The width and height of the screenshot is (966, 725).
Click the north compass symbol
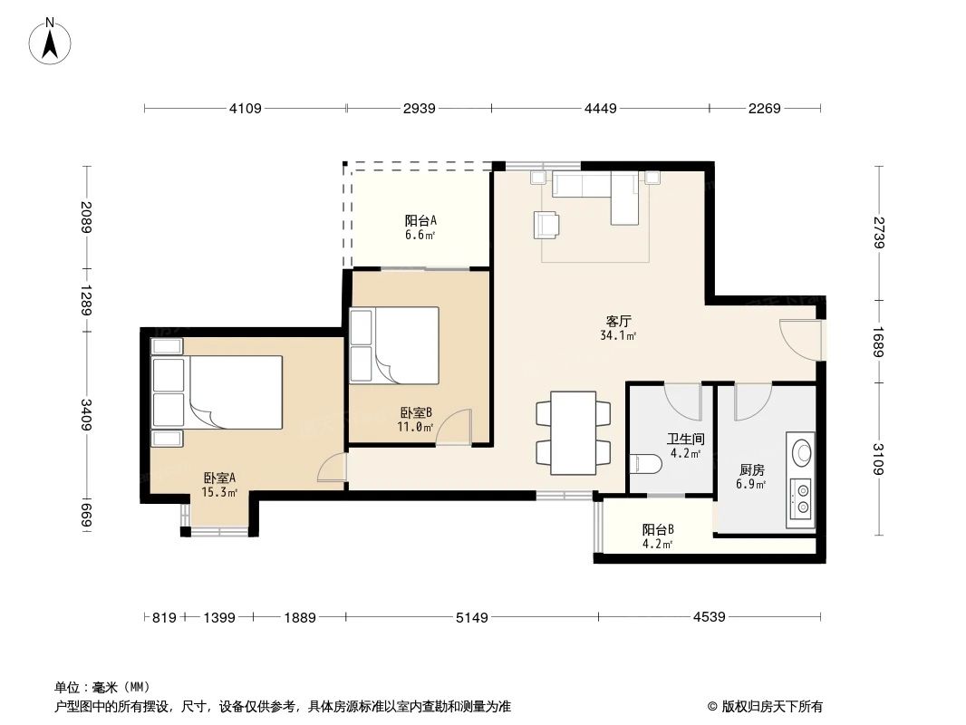52,40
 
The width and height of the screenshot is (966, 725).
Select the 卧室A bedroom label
219,478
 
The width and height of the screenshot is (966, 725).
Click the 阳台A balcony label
420,220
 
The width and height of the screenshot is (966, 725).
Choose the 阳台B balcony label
658,530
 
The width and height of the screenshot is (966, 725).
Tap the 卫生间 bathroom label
686,439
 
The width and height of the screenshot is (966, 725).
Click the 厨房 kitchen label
752,470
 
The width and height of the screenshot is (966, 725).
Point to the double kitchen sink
801,498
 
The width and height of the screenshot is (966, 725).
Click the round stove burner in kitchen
801,450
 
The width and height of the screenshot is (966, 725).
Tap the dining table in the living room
574,432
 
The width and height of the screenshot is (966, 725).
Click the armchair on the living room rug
547,224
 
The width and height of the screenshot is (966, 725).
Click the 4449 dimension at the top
600,109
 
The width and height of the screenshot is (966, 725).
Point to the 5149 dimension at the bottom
471,618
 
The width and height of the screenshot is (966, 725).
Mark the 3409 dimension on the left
87,416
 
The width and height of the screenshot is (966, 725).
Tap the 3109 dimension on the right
878,461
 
